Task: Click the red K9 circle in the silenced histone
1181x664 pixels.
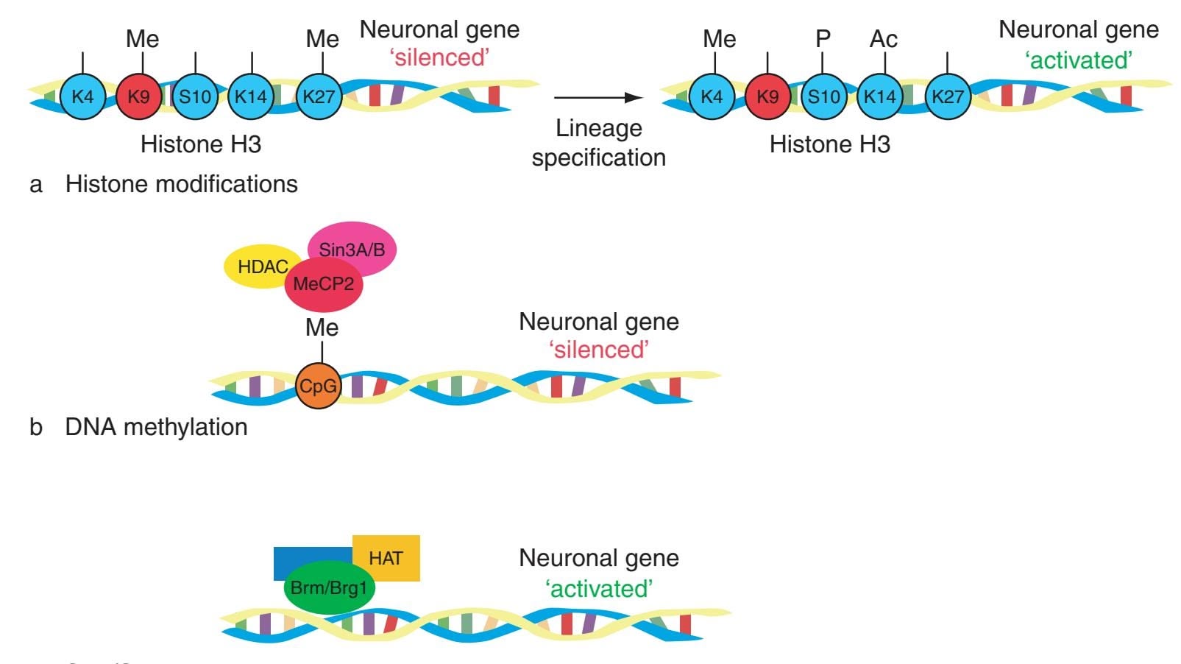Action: (x=138, y=96)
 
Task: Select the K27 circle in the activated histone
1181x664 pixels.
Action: (x=947, y=96)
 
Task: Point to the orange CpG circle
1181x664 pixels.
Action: (x=319, y=386)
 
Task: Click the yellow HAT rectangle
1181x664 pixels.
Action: (x=387, y=557)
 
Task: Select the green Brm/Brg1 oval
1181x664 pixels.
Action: (x=329, y=588)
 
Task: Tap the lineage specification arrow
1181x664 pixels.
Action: (x=597, y=97)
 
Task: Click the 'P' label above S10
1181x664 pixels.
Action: (x=823, y=38)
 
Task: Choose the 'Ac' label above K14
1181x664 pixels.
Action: (x=883, y=38)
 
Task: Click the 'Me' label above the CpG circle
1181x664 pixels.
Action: (x=322, y=328)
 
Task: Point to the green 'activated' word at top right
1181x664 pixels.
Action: (x=1078, y=60)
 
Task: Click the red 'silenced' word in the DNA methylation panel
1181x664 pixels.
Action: (x=599, y=350)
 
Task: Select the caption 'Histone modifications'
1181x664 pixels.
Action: (x=181, y=184)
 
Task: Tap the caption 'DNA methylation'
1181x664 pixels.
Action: (x=156, y=427)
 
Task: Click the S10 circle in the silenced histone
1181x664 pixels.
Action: (x=195, y=96)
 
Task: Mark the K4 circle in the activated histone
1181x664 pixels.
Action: (x=712, y=96)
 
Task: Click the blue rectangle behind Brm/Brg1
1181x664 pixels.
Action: (x=309, y=559)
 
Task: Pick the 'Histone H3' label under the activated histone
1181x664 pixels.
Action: (x=829, y=144)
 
